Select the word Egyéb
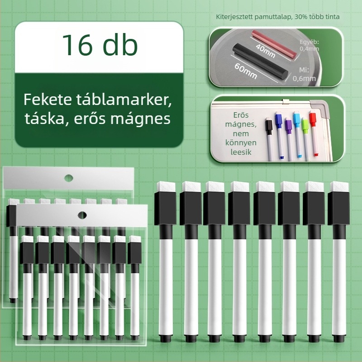pos(310,42)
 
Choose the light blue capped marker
pos(297,119)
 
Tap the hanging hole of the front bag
pos(82,214)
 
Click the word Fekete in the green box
pos(45,98)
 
